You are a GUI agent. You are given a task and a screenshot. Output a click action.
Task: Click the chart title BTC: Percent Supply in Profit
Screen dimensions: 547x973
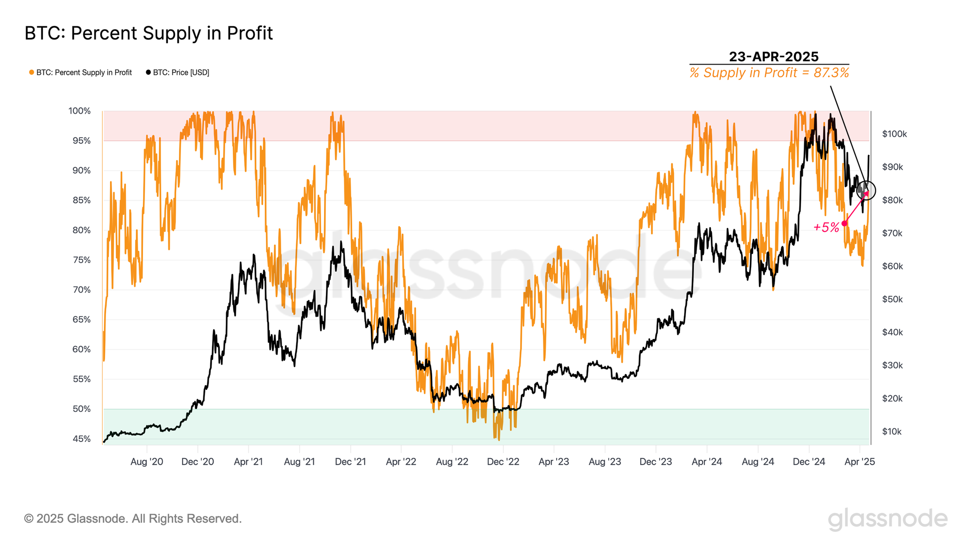[148, 34]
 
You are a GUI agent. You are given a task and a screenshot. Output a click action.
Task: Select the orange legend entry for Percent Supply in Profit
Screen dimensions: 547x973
[81, 72]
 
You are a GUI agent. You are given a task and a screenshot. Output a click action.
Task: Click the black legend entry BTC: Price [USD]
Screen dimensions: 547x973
[178, 72]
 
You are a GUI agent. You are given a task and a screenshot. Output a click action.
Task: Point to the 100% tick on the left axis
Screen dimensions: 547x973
[79, 111]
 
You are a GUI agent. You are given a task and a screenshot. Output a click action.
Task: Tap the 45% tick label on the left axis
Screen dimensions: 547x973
[82, 439]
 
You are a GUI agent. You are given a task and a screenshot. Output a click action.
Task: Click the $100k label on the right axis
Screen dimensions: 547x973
[894, 134]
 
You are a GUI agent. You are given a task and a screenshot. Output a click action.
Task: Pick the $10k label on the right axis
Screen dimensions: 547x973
[891, 432]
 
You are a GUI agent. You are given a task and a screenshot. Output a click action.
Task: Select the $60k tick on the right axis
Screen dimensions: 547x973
[892, 266]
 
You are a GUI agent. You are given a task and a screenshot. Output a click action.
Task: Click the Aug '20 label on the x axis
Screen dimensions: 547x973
[146, 462]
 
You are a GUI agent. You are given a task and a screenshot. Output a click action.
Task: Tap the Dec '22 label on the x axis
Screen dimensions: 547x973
[503, 462]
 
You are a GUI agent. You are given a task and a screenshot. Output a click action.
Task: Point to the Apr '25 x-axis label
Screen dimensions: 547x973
[860, 462]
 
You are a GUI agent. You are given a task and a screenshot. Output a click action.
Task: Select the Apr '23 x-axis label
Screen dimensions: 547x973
[554, 462]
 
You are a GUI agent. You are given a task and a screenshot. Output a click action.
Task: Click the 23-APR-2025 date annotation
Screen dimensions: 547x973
[774, 56]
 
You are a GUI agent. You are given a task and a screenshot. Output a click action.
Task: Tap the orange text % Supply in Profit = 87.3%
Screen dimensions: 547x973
[769, 73]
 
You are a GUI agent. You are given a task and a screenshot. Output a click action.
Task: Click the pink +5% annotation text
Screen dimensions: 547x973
[826, 227]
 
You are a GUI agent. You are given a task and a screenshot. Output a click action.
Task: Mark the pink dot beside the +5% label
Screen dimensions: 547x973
[844, 224]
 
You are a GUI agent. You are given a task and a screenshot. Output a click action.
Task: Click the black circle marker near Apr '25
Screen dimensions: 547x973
[866, 190]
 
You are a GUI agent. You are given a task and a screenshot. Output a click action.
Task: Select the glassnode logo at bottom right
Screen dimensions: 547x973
[887, 519]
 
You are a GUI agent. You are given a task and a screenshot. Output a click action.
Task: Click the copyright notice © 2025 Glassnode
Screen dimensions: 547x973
[133, 519]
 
